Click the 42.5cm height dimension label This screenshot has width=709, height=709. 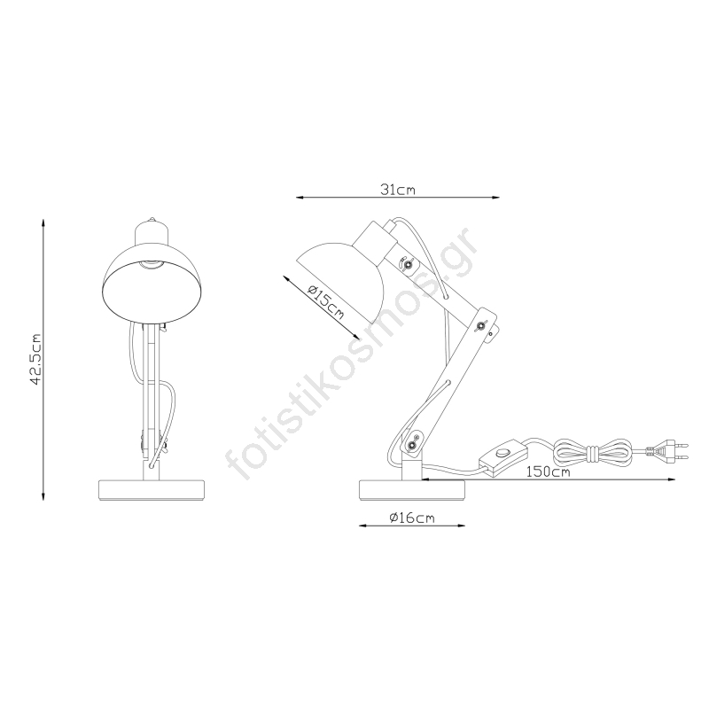click(x=35, y=360)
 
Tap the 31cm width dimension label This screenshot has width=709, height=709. click(x=397, y=190)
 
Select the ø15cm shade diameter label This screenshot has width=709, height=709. click(x=325, y=303)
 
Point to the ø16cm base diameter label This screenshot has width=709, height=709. click(x=412, y=518)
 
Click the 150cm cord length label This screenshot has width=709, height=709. click(x=548, y=472)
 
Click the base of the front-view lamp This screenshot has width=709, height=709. click(x=152, y=490)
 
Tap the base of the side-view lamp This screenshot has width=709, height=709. click(x=412, y=490)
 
